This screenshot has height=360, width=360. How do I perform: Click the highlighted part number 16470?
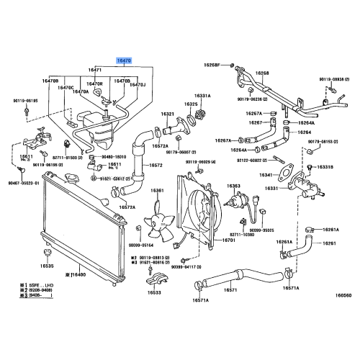click(x=125, y=63)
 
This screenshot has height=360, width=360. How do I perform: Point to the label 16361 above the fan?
click(x=156, y=191)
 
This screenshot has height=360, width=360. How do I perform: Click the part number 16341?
click(x=266, y=174)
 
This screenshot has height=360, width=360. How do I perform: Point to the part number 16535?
click(x=46, y=266)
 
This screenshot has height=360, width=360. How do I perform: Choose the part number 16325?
click(x=190, y=104)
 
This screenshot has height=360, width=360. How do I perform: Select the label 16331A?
click(x=202, y=95)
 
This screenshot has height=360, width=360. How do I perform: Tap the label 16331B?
click(x=326, y=168)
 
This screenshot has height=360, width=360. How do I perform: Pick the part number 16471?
click(x=96, y=71)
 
